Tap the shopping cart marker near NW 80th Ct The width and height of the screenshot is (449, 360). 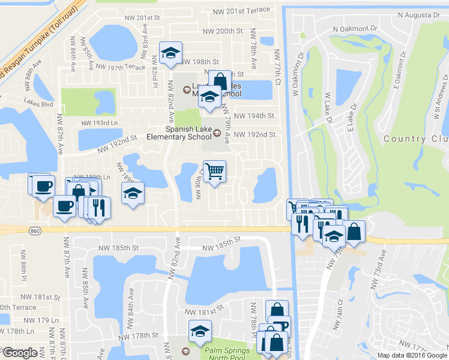click(215, 172)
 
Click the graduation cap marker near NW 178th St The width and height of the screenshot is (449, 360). click(200, 331)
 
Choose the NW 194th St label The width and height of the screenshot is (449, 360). click(253, 116)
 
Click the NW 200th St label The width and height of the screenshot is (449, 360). click(223, 31)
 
